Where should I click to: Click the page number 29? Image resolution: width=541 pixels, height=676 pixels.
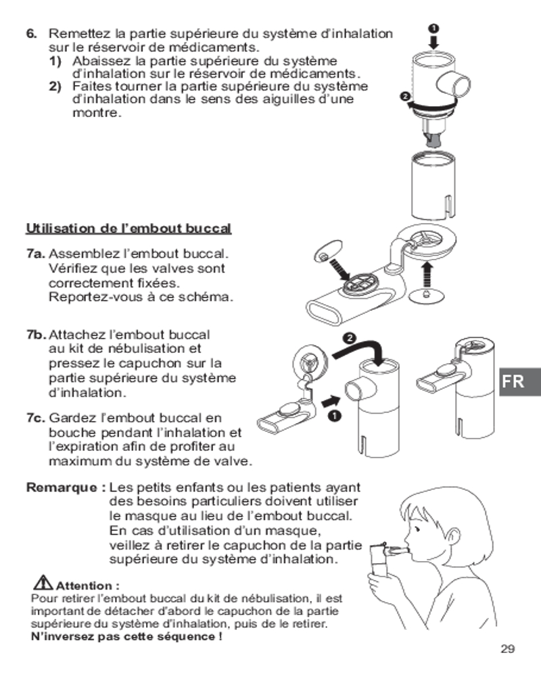pos(508,649)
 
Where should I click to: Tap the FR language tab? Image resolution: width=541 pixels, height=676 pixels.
pos(519,381)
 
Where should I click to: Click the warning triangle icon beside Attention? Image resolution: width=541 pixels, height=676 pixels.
pos(43,583)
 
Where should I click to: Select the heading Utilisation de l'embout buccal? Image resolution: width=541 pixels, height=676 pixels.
pos(128,228)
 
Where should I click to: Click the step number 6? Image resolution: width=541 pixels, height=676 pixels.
pos(31,34)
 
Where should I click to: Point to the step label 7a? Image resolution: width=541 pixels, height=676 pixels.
pos(36,254)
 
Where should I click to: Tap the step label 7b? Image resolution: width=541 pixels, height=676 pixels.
pos(37,335)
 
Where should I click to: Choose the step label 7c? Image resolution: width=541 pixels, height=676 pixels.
pos(36,418)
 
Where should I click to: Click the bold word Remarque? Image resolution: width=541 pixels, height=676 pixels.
pos(62,487)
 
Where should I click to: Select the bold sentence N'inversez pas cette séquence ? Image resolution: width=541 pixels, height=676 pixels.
pos(127,636)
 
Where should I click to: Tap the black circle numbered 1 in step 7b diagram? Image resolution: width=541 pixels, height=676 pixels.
pos(334,415)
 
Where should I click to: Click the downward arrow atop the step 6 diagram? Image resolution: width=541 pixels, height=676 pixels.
pos(433,42)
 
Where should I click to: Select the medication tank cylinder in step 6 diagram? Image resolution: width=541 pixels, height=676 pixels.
pos(433,185)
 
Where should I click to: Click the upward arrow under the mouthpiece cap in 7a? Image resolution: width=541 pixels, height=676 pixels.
pos(427,274)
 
